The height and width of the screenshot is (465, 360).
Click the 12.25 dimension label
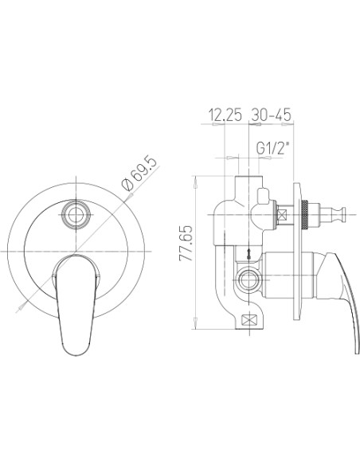[225, 115]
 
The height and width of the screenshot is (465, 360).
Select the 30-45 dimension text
[272, 115]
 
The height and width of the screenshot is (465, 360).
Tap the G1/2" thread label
[272, 148]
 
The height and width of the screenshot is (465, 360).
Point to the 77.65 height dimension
[186, 244]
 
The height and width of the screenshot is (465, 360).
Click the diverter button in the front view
[76, 214]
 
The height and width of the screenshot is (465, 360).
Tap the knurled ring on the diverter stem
[304, 214]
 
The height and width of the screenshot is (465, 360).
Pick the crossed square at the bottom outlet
[249, 320]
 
